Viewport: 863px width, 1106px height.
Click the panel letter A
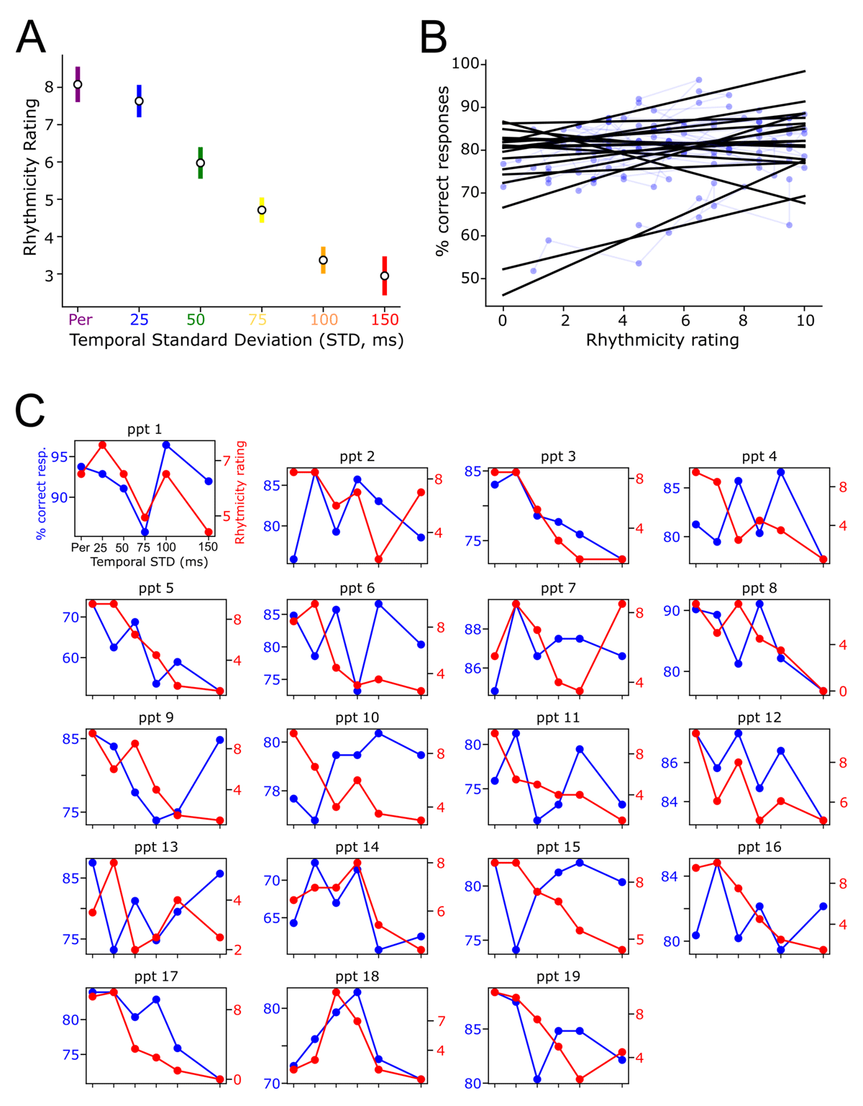click(31, 37)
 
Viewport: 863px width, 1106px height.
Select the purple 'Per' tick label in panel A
click(80, 319)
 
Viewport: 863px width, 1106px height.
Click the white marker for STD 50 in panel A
click(201, 163)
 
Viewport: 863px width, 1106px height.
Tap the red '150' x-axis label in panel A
click(385, 319)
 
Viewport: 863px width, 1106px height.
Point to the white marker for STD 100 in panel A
click(324, 260)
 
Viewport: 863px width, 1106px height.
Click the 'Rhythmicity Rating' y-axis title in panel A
click(29, 177)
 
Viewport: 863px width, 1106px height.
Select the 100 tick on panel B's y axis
click(465, 64)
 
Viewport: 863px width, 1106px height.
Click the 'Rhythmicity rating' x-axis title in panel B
click(662, 340)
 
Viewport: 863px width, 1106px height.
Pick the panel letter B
click(433, 37)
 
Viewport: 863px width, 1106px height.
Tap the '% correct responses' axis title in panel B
click(443, 171)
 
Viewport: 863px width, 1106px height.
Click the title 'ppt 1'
click(145, 430)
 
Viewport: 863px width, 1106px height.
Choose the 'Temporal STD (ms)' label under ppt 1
click(149, 561)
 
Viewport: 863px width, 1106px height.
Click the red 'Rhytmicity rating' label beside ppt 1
click(240, 492)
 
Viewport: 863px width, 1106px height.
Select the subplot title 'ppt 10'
click(357, 718)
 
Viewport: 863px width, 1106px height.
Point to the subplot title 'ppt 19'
click(558, 976)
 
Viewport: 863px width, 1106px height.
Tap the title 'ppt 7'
click(558, 589)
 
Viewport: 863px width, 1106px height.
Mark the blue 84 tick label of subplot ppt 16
click(670, 876)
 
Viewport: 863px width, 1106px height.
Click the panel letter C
click(30, 411)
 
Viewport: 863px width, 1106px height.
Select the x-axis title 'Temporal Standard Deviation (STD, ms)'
click(237, 340)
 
